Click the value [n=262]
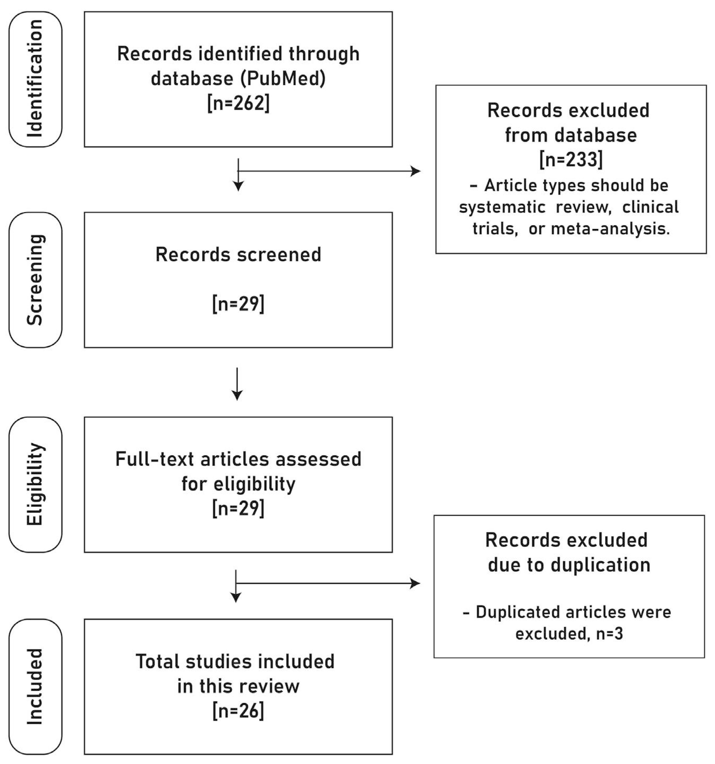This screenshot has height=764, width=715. click(238, 103)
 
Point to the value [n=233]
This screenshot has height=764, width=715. click(571, 159)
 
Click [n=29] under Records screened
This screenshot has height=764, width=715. click(238, 304)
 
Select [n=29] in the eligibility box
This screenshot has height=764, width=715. click(238, 508)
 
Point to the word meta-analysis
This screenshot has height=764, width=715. click(610, 229)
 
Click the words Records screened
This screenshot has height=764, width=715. click(238, 254)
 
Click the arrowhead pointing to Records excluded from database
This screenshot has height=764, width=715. click(416, 171)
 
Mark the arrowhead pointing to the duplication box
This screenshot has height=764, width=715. click(415, 583)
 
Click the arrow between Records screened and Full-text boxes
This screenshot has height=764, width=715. click(237, 384)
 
